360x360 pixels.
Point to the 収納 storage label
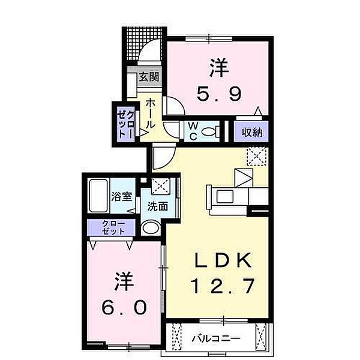[x=251, y=133]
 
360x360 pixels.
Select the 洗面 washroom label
[x=157, y=207]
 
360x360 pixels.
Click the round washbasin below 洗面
[x=151, y=227]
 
